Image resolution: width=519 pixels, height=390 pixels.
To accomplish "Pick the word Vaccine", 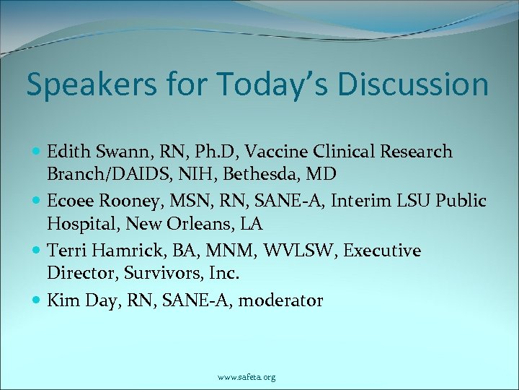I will [x=274, y=152].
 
